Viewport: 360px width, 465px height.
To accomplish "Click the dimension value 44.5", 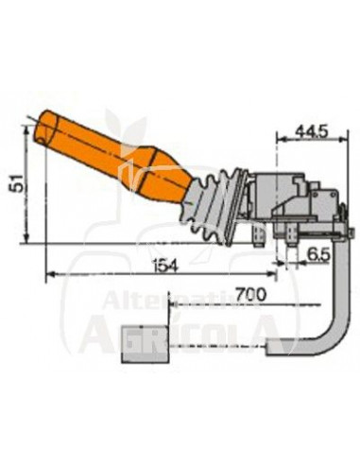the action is point(311,131).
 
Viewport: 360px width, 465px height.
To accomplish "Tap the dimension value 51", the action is point(16,182).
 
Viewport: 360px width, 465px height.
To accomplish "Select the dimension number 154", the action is point(164,266).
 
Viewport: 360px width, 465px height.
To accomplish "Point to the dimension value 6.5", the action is point(318,255).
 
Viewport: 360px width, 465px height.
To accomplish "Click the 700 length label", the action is point(251,295).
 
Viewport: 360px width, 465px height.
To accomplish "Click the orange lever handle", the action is point(113,156).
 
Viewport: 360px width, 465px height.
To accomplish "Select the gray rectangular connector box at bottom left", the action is point(146,343).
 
